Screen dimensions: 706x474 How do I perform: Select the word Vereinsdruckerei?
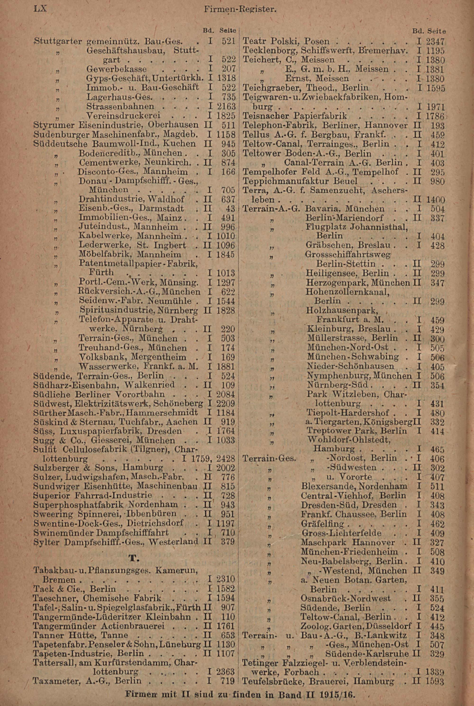(x=123, y=116)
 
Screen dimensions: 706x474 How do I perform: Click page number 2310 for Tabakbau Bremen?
(x=226, y=579)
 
